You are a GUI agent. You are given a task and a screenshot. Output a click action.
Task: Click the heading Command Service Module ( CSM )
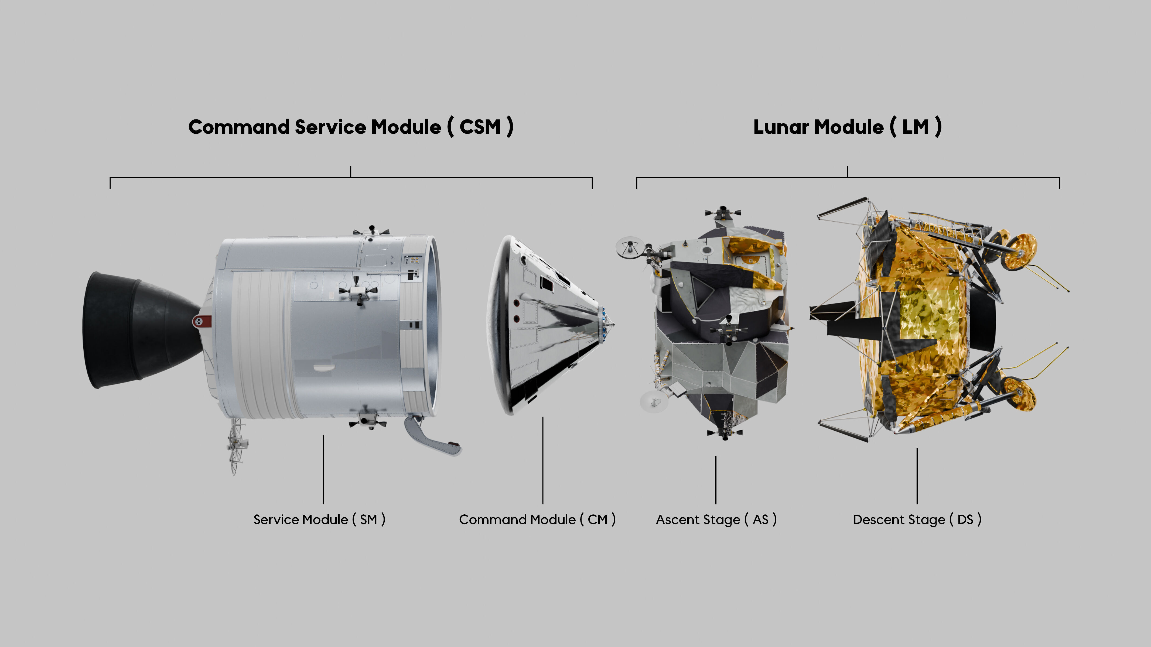click(x=351, y=127)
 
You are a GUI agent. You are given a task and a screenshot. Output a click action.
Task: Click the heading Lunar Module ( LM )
click(x=847, y=127)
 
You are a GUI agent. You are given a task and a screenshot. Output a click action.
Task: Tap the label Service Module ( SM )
click(x=319, y=519)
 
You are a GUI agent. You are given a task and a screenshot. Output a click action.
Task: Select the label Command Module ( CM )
click(x=537, y=519)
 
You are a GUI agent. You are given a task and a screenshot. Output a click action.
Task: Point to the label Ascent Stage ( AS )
click(x=716, y=519)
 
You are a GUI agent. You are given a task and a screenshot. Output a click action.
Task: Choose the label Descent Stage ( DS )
click(x=917, y=519)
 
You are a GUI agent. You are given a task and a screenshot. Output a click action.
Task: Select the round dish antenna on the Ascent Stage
click(x=630, y=247)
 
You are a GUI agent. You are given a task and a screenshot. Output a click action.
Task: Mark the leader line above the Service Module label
click(x=323, y=469)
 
